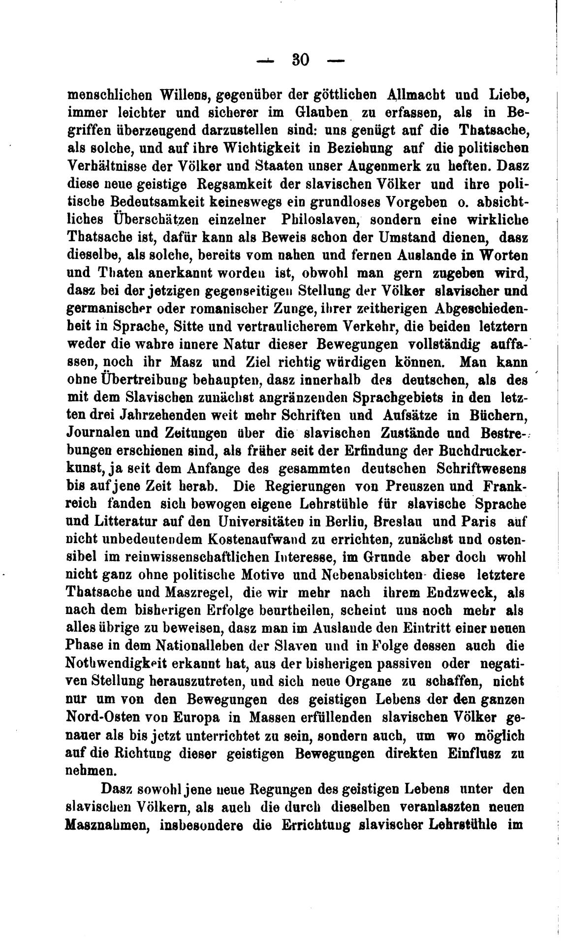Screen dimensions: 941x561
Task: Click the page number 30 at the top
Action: pos(300,60)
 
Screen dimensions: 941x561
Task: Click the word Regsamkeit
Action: pos(221,183)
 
